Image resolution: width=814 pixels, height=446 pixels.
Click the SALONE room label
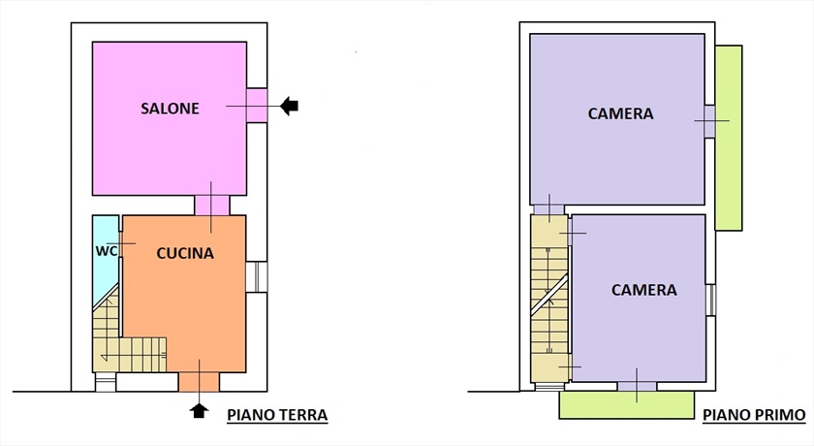click(x=169, y=109)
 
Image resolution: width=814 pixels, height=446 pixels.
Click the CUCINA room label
click(x=184, y=253)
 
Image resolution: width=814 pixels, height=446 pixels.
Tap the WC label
click(x=107, y=250)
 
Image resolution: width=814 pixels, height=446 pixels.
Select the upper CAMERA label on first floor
click(x=620, y=113)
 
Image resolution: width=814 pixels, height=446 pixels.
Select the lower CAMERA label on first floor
click(x=643, y=290)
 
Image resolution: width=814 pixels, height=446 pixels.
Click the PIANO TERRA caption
click(x=277, y=415)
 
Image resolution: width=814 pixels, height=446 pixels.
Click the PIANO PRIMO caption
click(x=754, y=415)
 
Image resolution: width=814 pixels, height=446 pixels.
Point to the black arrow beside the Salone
click(x=289, y=107)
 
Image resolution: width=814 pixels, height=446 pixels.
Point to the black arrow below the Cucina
click(x=200, y=410)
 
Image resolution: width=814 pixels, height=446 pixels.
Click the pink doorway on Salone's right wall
click(x=257, y=106)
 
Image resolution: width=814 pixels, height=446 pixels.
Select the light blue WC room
click(x=105, y=276)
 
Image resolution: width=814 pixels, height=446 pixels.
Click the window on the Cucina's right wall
click(x=259, y=276)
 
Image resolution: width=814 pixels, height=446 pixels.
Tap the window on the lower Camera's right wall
click(x=710, y=301)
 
